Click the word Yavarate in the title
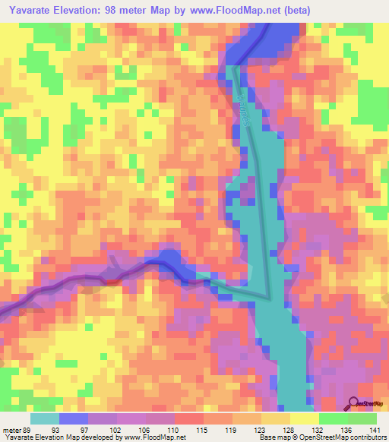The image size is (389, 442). pos(30,9)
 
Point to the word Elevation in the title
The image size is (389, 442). pos(87,9)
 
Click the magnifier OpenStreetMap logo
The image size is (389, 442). pos(353,403)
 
